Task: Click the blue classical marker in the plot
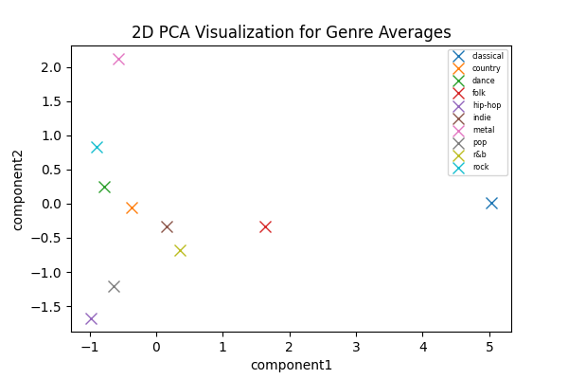click(x=491, y=203)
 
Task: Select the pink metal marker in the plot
click(x=118, y=59)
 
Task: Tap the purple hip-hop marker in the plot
click(x=91, y=318)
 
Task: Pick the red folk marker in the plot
click(x=265, y=226)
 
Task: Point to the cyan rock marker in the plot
click(x=97, y=147)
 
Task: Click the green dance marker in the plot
click(x=104, y=187)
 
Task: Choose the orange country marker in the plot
click(x=132, y=208)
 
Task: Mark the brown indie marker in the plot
click(x=167, y=226)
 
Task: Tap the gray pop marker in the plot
click(x=114, y=286)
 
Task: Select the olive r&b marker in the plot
click(x=180, y=250)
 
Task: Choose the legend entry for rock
click(x=480, y=167)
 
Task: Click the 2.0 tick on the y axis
click(x=52, y=67)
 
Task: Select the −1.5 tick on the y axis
click(x=48, y=306)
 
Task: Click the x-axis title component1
click(x=291, y=365)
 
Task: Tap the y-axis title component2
click(x=17, y=189)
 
